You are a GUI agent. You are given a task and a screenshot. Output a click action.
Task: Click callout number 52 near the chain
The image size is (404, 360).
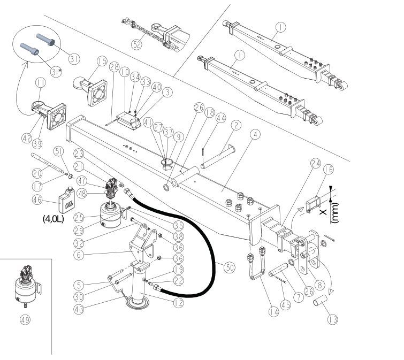[x=136, y=44]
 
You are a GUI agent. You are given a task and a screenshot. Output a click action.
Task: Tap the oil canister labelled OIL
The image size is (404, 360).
[x=67, y=200]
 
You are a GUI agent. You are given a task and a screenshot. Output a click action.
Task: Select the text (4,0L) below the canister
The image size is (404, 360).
[x=54, y=219]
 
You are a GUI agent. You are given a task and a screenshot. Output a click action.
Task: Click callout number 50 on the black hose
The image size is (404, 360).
[x=230, y=267]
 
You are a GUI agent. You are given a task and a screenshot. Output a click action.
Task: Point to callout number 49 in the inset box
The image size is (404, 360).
[x=25, y=320]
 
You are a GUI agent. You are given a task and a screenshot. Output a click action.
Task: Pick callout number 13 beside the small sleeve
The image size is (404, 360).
[x=332, y=319]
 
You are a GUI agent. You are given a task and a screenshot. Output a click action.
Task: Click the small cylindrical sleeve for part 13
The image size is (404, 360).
[x=321, y=301]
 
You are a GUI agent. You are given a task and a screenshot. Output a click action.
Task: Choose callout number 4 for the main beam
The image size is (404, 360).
[x=255, y=134]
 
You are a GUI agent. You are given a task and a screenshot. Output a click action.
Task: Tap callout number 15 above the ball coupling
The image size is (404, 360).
[x=102, y=61]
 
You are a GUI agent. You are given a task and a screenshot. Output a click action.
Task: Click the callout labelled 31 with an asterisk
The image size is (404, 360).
[x=56, y=72]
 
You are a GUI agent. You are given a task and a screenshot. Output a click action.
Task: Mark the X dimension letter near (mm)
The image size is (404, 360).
[x=323, y=212]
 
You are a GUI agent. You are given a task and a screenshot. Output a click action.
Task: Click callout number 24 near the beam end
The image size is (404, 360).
[x=316, y=163]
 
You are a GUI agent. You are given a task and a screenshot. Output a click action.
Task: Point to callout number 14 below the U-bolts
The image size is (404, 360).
[x=273, y=312]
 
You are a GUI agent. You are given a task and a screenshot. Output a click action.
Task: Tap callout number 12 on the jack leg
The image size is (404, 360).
[x=178, y=303]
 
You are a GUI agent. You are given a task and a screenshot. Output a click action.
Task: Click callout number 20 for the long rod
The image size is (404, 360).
[x=37, y=173]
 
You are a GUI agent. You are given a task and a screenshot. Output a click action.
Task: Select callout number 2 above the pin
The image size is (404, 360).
[x=236, y=125]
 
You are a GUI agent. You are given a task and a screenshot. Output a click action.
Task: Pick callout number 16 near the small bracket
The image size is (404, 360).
[x=328, y=169]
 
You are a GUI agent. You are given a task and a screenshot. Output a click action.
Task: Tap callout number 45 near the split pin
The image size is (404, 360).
[x=285, y=305]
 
